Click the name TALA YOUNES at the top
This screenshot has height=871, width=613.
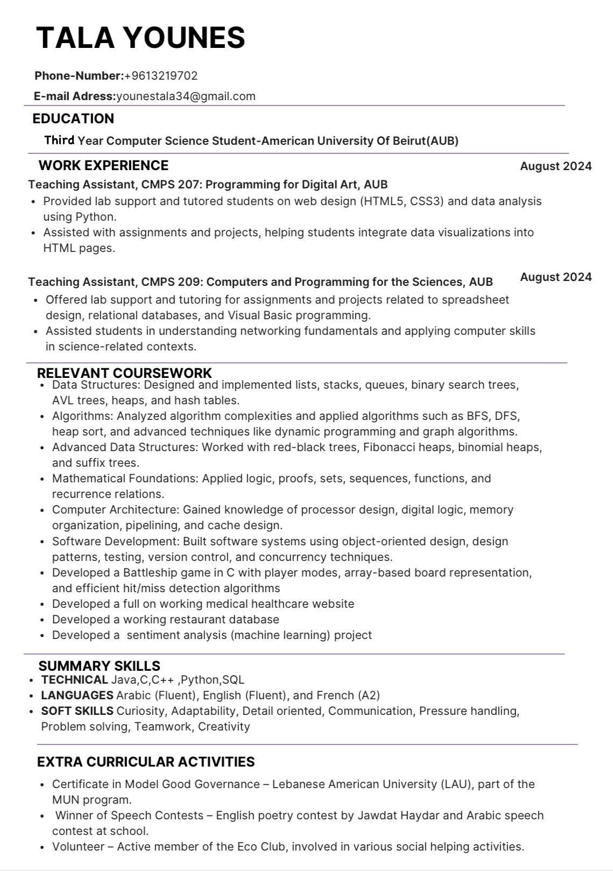140,38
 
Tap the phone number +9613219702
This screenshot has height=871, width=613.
161,76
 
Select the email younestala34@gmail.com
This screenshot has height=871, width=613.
186,96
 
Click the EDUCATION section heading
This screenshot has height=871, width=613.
73,118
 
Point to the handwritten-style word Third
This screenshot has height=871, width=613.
59,141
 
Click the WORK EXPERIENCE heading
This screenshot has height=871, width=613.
103,165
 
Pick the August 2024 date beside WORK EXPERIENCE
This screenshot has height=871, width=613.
555,166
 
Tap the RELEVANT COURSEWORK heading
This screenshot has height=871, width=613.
124,373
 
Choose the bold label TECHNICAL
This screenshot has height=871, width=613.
74,680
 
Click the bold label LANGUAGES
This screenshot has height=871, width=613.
77,696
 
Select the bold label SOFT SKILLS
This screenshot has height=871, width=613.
77,711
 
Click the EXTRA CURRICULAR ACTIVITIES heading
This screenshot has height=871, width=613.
146,762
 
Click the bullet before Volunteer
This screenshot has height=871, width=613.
43,847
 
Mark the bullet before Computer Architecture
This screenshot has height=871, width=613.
43,510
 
